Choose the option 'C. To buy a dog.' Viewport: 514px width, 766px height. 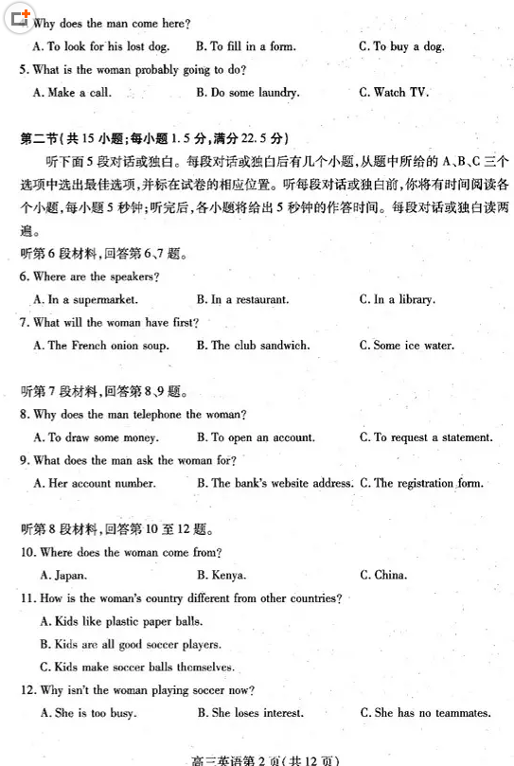401,46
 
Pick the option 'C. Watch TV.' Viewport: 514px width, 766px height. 394,93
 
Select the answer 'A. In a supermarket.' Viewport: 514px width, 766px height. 85,299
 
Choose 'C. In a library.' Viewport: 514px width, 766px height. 397,299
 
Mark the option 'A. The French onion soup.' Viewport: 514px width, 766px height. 100,346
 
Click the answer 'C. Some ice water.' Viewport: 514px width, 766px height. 406,346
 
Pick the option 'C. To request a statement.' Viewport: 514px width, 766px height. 426,437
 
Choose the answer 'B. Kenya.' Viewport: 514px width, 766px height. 222,575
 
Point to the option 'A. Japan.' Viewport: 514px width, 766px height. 63,575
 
